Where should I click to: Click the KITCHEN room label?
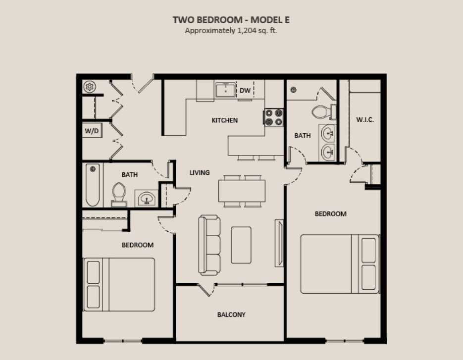tap(225, 120)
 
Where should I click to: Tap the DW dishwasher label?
tap(245, 90)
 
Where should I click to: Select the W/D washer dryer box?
tap(92, 131)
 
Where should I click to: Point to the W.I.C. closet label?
tap(365, 120)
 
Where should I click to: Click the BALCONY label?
tap(232, 314)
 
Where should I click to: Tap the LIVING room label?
tap(200, 172)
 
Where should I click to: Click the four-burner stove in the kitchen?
tap(273, 117)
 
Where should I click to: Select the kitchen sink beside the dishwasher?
tap(226, 90)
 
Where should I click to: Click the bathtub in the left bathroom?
tap(93, 185)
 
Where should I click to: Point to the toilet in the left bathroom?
tap(119, 194)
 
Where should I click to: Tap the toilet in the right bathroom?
tap(324, 112)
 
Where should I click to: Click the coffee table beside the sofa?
tap(241, 245)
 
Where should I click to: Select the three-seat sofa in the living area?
tap(209, 245)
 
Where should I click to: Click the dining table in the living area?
tap(242, 191)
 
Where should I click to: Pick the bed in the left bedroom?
tap(119, 284)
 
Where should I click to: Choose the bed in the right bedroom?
tap(340, 264)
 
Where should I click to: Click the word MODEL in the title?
tap(267, 20)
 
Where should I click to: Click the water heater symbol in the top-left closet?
tap(89, 87)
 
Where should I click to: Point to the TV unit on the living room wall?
tap(279, 243)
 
